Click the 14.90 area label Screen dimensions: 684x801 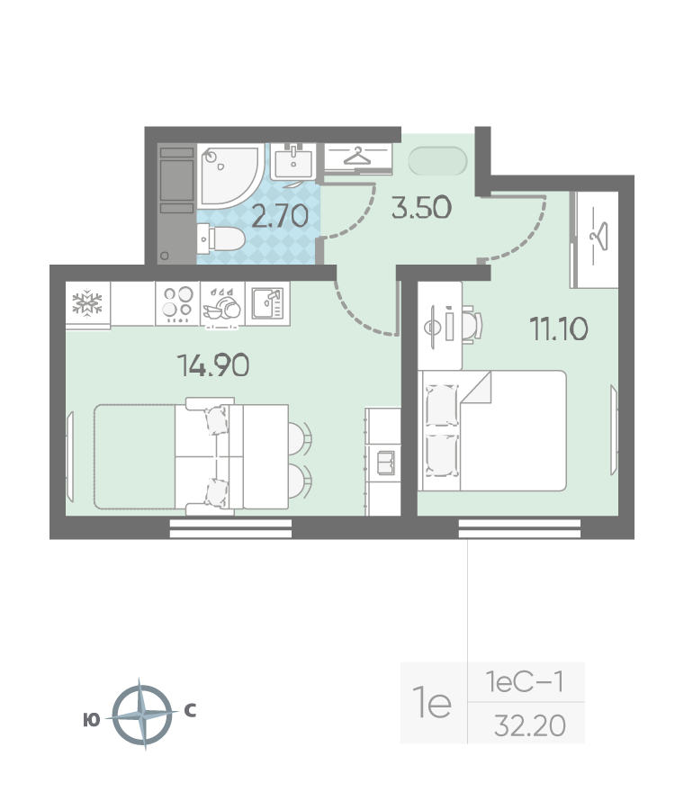pos(213,365)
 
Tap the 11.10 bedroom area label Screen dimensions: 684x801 pos(559,328)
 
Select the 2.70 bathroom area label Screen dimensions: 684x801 pos(280,216)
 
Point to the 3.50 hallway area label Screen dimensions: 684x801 pos(421,207)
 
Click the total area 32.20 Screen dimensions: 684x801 pos(530,725)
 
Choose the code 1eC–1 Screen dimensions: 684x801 pos(525,681)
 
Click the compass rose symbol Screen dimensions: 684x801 pos(141,715)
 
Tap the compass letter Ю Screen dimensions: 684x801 pos(91,720)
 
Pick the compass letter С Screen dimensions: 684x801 pos(190,710)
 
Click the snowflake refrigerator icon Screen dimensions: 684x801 pos(87,303)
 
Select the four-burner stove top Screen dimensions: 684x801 pos(177,303)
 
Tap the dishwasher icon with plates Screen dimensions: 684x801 pos(222,305)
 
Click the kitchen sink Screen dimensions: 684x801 pos(267,303)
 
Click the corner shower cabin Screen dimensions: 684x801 pos(230,175)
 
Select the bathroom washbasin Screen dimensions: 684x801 pos(292,161)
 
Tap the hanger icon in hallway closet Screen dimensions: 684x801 pos(357,157)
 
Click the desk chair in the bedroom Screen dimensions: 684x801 pos(472,325)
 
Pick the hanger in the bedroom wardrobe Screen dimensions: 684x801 pos(599,236)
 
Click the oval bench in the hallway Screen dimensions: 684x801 pos(437,161)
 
